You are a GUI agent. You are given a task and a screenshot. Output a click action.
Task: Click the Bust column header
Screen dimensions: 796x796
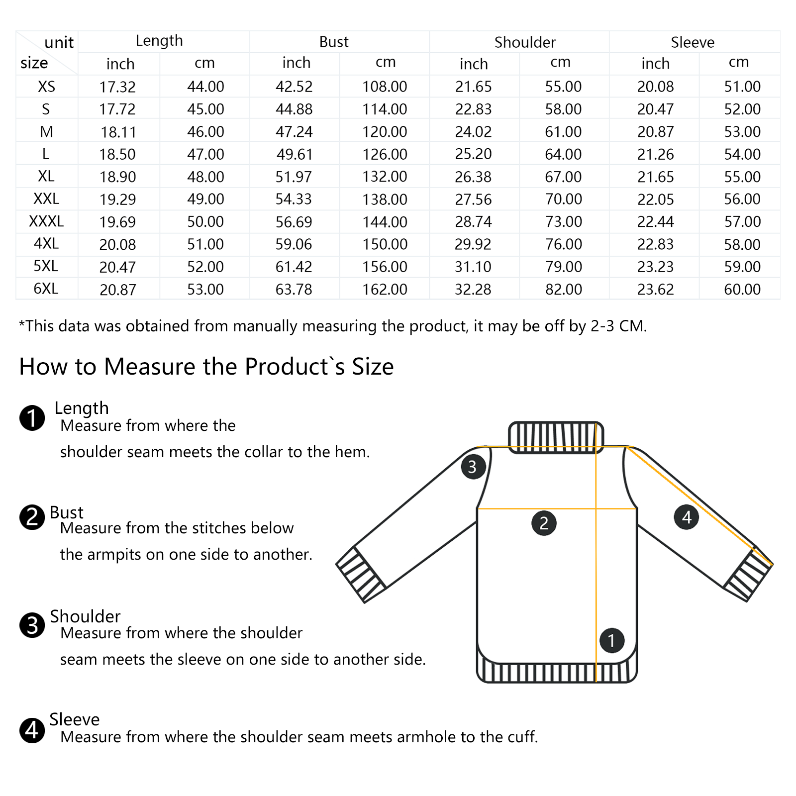click(334, 42)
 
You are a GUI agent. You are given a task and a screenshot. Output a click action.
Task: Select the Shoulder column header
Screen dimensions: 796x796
click(525, 42)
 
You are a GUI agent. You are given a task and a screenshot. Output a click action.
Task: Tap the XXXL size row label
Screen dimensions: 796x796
click(46, 221)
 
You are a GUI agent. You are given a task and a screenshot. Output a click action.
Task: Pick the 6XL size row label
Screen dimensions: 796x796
click(46, 289)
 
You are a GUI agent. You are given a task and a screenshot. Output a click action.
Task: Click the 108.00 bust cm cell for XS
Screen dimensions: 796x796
click(385, 87)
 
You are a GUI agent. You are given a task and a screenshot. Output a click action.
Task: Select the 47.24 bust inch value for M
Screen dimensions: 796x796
click(294, 132)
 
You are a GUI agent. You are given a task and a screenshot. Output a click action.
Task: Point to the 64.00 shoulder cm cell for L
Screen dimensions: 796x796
click(563, 154)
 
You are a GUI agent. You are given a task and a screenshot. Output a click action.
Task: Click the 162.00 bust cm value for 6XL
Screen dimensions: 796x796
click(385, 289)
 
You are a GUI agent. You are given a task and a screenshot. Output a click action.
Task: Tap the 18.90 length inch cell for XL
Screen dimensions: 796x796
click(117, 177)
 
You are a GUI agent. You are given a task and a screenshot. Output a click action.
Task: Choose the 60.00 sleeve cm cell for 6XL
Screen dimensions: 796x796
click(742, 289)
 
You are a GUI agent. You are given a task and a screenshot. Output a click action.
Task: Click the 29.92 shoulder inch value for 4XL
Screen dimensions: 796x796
click(473, 244)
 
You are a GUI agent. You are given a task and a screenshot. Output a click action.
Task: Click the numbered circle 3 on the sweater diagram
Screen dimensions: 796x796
click(473, 467)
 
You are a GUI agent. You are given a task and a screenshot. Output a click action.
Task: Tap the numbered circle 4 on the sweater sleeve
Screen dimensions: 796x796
click(687, 517)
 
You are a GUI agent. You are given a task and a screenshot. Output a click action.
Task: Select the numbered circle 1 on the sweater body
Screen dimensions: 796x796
click(612, 640)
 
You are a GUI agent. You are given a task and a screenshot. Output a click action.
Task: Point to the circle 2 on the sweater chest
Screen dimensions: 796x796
click(544, 523)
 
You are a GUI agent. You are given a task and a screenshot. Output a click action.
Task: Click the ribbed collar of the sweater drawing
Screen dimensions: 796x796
click(556, 437)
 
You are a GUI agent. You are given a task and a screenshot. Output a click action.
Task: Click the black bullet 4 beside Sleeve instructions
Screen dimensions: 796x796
click(32, 730)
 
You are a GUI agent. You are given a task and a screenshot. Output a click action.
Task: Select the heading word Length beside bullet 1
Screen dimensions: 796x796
click(82, 408)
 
